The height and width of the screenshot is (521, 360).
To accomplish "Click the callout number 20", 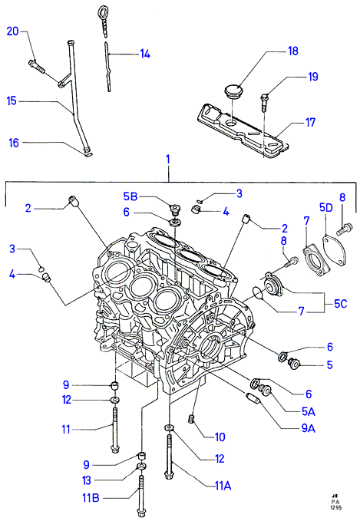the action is click(x=12, y=31).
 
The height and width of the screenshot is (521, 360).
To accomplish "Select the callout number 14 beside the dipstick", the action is click(x=144, y=54).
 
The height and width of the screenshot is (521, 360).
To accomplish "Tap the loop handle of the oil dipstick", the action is click(x=102, y=13).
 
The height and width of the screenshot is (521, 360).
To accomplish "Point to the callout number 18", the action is click(x=293, y=51).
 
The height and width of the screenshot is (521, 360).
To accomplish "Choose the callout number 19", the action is click(x=313, y=77).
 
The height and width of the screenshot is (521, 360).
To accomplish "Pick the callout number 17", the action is click(x=310, y=123).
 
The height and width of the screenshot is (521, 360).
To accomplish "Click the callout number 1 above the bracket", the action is click(x=168, y=159).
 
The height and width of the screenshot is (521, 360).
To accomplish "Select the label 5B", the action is click(x=130, y=196).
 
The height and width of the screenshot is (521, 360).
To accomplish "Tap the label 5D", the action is click(x=325, y=208).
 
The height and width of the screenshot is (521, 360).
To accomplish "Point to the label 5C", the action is click(x=340, y=303).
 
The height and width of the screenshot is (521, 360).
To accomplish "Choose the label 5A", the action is click(x=309, y=412).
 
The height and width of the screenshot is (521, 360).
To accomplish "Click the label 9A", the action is click(x=308, y=429).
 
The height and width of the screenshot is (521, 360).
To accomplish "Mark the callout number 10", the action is click(x=220, y=437).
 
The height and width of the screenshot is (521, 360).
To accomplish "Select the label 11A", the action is click(x=223, y=486).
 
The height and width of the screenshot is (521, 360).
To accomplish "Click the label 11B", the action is click(x=91, y=499).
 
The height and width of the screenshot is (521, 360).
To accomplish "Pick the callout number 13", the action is click(x=87, y=480).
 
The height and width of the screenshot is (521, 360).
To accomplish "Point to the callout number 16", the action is click(x=14, y=143).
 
